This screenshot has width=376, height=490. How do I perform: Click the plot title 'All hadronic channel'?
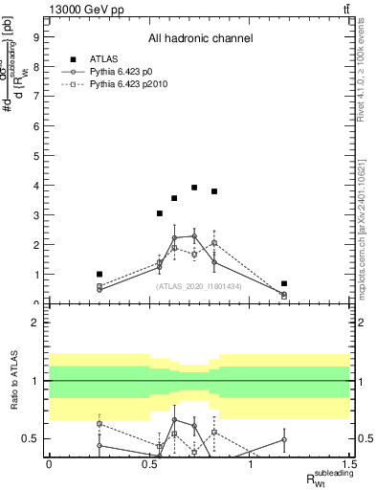[x=200, y=39]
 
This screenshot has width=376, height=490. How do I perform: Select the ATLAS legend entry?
[x=104, y=58]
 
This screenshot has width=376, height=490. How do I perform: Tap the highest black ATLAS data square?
[x=194, y=188]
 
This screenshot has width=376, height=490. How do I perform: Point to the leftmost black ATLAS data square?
[x=100, y=275]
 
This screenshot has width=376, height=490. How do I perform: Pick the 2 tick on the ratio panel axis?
[x=37, y=323]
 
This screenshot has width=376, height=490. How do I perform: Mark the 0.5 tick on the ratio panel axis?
[x=33, y=439]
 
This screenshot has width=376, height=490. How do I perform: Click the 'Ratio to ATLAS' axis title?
[x=14, y=381]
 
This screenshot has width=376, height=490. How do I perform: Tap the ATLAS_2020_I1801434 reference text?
[x=199, y=286]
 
